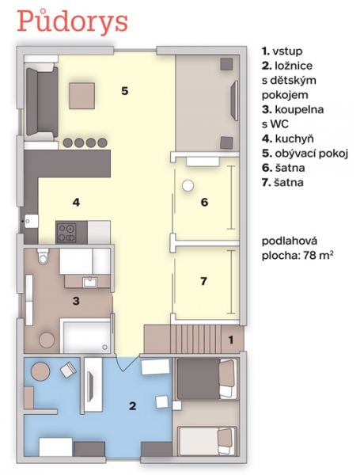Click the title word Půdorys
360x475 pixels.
click(x=72, y=23)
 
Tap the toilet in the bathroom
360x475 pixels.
click(x=43, y=256)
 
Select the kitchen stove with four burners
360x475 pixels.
click(x=66, y=232)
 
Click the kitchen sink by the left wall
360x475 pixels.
click(x=32, y=221)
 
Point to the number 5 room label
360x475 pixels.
click(x=125, y=91)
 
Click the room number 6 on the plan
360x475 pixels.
click(x=204, y=202)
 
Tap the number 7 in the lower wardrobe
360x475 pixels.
click(x=204, y=281)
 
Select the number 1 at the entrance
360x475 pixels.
click(x=231, y=340)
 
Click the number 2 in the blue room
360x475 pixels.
click(x=133, y=406)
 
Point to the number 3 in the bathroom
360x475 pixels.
click(x=76, y=301)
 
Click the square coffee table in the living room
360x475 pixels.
click(x=81, y=96)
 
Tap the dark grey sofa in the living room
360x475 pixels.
click(x=42, y=101)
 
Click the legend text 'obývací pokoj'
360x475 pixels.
click(x=312, y=154)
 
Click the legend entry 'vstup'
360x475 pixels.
click(x=287, y=51)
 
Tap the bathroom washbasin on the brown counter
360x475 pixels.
click(x=90, y=282)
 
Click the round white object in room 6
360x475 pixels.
click(x=188, y=185)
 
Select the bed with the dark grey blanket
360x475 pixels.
click(x=207, y=378)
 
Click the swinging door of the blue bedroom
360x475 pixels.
click(x=127, y=363)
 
